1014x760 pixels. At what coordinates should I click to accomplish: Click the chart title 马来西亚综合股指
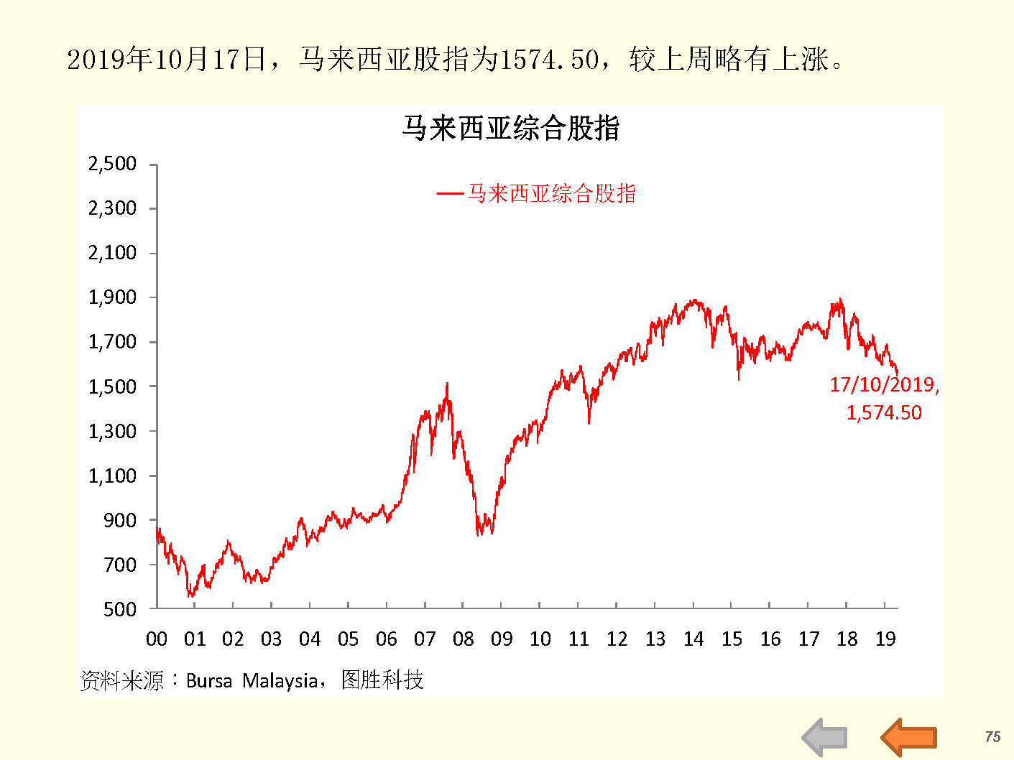[x=510, y=129]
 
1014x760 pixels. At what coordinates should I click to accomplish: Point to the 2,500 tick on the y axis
[x=112, y=164]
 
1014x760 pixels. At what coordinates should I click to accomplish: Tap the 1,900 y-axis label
[x=112, y=297]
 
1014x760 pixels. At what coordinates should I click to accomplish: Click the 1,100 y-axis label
[x=112, y=476]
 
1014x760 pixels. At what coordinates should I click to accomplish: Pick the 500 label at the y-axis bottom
[x=119, y=609]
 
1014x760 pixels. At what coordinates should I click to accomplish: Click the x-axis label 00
[x=156, y=639]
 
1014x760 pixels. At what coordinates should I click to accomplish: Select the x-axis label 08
[x=463, y=639]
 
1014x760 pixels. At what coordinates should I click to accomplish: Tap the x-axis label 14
[x=693, y=639]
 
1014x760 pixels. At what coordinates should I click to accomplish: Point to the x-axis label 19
[x=885, y=639]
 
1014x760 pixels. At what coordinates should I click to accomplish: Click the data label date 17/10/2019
[x=883, y=385]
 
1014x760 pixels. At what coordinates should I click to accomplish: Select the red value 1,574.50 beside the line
[x=883, y=412]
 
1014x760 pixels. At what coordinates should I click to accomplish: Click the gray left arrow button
[x=825, y=737]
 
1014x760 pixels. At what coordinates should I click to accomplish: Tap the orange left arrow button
[x=908, y=737]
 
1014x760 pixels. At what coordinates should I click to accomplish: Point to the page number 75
[x=992, y=736]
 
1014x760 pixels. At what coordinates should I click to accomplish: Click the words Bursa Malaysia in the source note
[x=252, y=680]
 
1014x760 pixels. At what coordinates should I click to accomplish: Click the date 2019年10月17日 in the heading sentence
[x=167, y=60]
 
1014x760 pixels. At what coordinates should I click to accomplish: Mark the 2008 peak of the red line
[x=447, y=384]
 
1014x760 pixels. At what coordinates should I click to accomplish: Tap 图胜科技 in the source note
[x=382, y=680]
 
